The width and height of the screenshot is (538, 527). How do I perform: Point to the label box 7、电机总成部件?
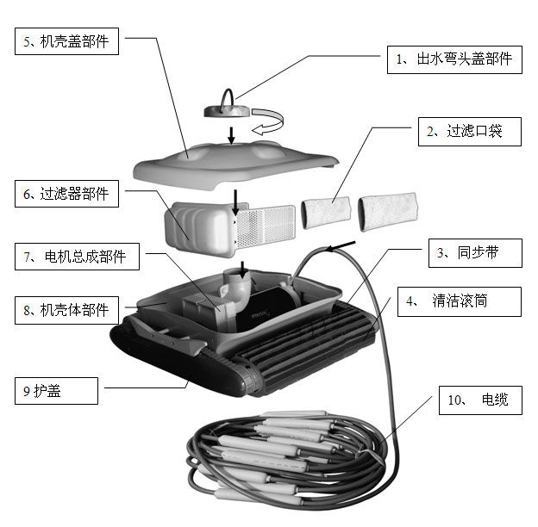click(77, 256)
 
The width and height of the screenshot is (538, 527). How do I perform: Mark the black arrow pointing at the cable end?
click(341, 246)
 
